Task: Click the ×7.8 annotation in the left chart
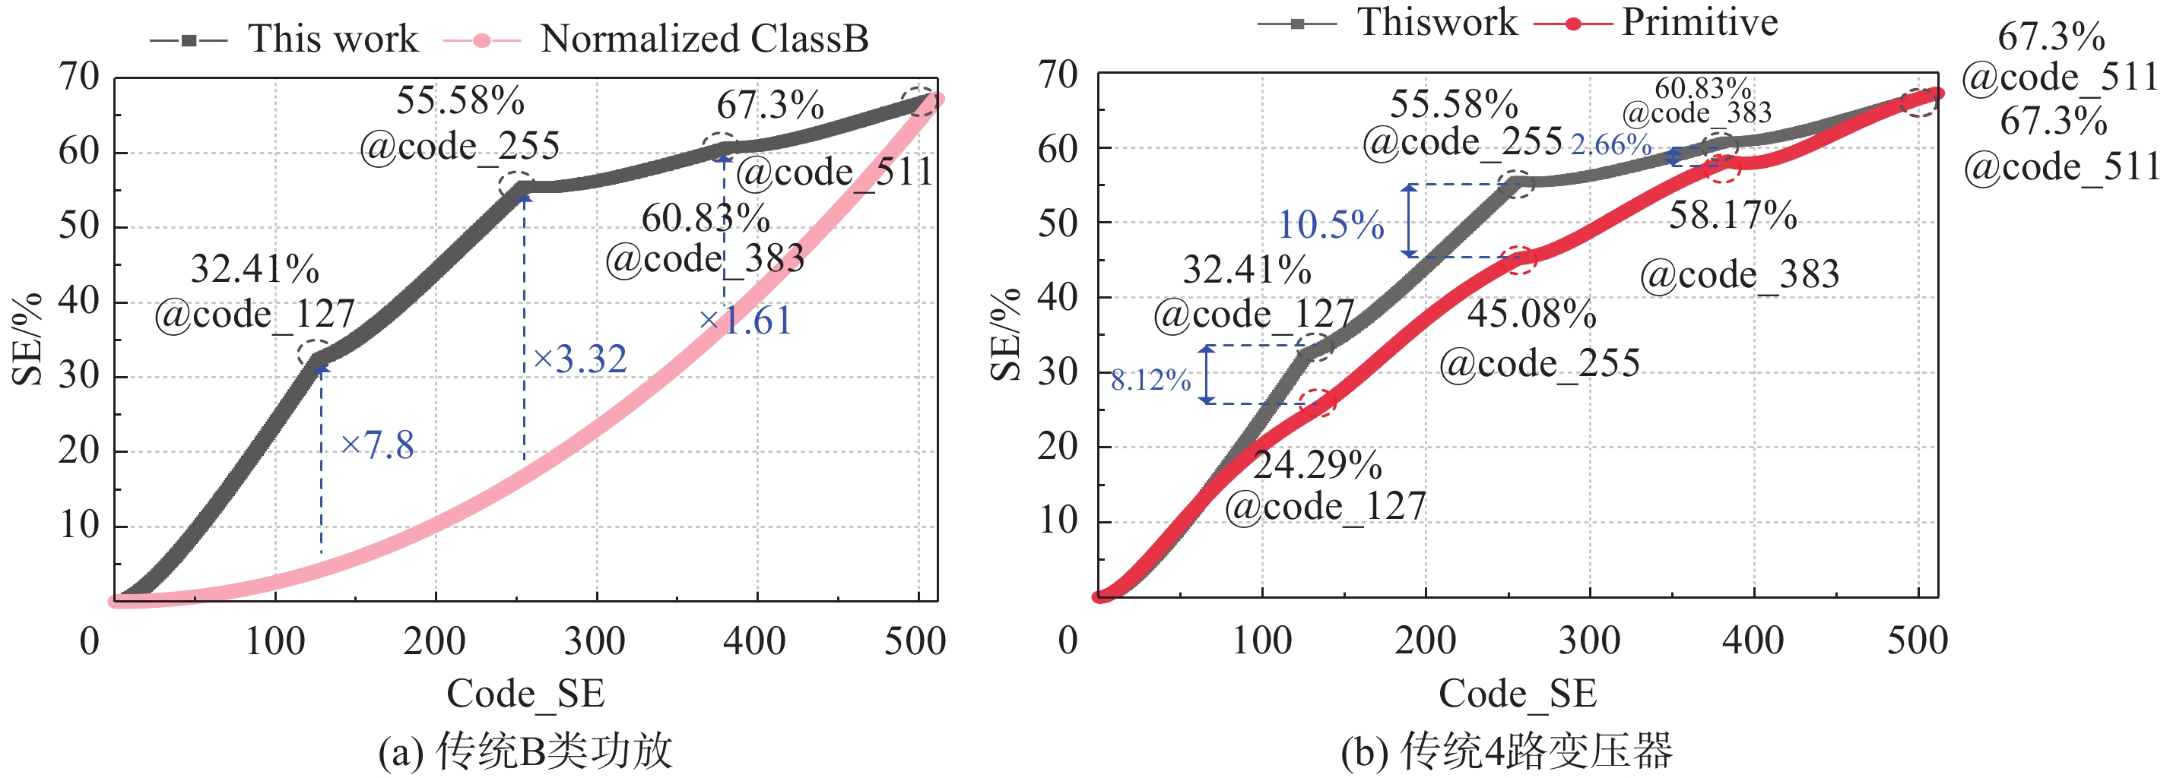tap(377, 444)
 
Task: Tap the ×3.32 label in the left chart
tap(580, 359)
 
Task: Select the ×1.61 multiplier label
tap(746, 321)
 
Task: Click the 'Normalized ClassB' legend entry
tap(703, 39)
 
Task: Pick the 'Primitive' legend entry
tap(1699, 22)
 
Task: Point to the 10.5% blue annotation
tap(1331, 225)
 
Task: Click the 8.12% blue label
tap(1150, 381)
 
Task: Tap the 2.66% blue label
tap(1610, 145)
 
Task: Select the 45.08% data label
tap(1531, 314)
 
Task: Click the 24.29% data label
tap(1318, 465)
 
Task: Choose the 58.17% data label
tap(1733, 216)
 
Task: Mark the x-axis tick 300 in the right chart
tap(1589, 641)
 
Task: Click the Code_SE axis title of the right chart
tap(1517, 694)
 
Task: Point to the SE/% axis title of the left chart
tap(28, 339)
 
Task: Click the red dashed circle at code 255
tap(1519, 258)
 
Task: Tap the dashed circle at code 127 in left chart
tap(315, 353)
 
